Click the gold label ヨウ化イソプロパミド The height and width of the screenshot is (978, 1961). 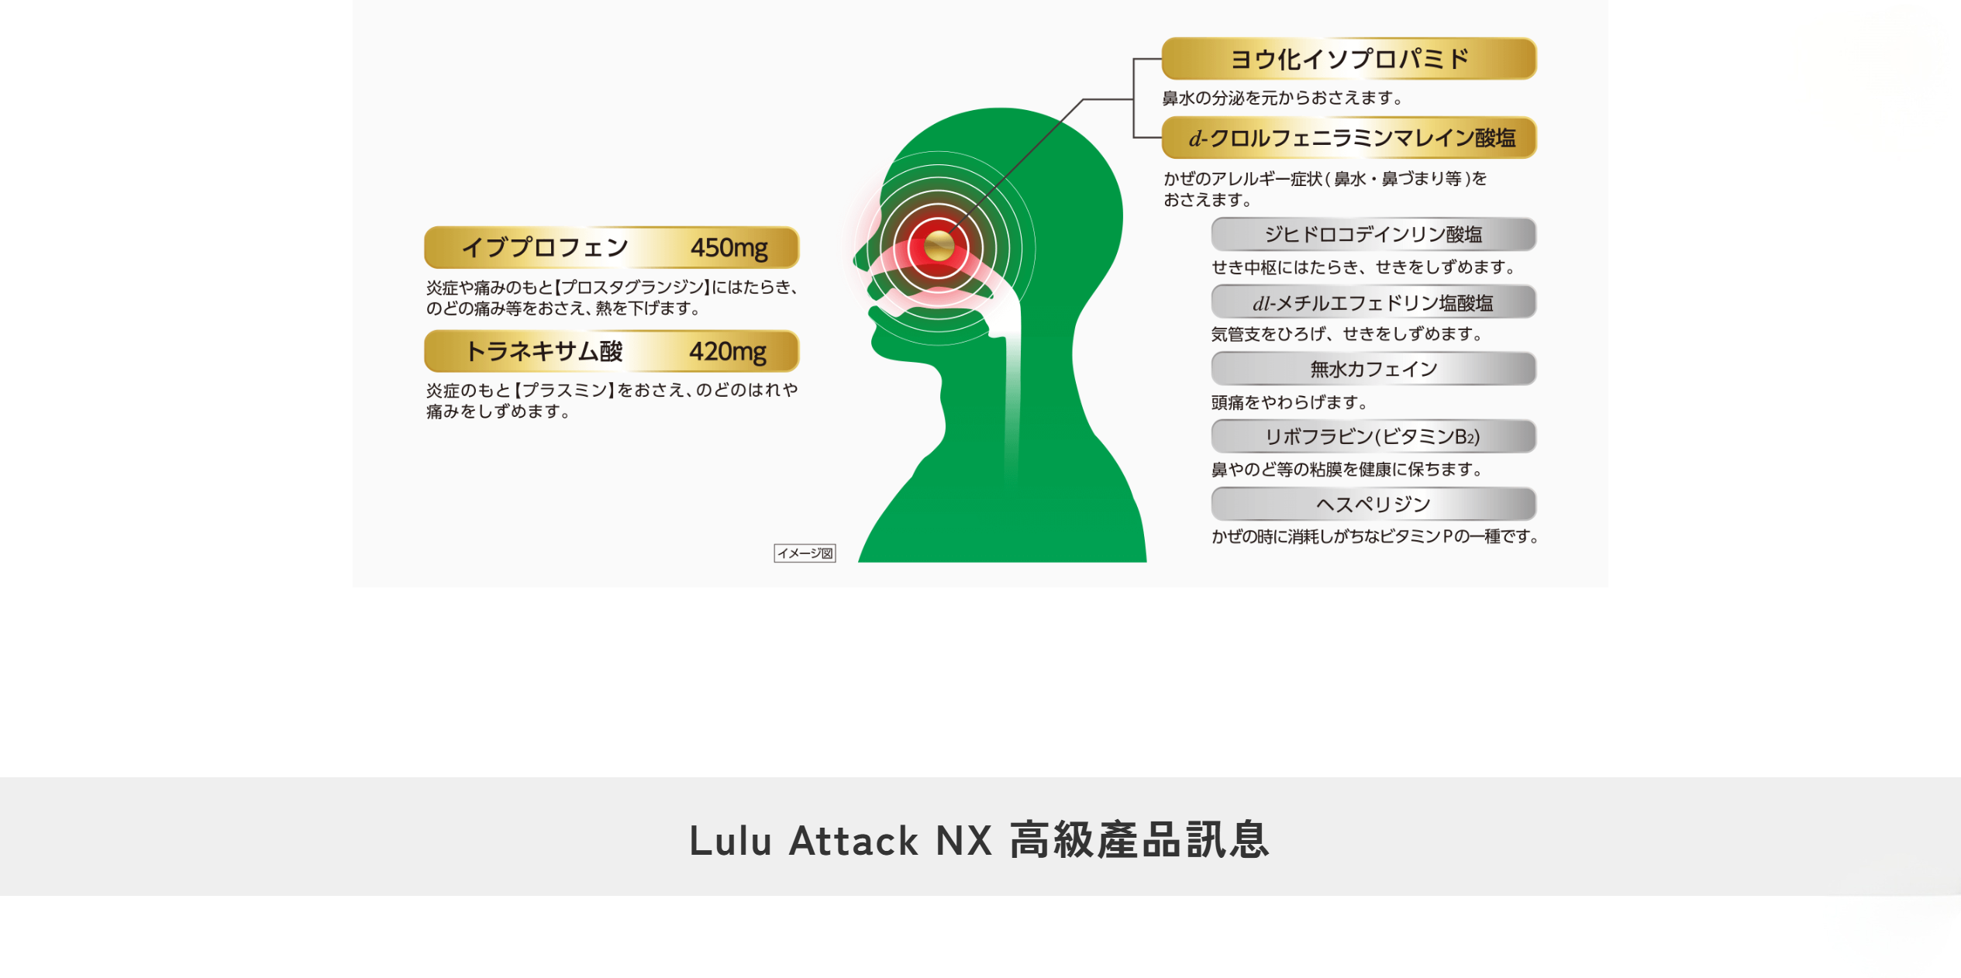(1349, 59)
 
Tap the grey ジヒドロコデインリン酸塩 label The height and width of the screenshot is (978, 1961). (1373, 234)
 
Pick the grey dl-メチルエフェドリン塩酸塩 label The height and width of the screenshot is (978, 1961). (1373, 302)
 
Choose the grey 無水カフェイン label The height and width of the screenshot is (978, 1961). (1373, 369)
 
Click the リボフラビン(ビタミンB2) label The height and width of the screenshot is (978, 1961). (1373, 436)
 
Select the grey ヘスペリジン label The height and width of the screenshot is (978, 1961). (1373, 504)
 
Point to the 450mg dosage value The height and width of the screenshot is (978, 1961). (729, 248)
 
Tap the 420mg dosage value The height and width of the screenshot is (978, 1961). (727, 352)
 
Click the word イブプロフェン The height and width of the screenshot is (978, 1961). (545, 248)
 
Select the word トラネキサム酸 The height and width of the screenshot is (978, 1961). (544, 352)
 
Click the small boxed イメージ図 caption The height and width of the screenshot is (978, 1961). (805, 553)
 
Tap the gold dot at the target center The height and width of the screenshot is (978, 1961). (939, 246)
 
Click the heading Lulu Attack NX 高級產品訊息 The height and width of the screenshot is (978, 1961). (980, 840)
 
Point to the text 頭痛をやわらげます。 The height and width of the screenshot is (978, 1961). (1289, 402)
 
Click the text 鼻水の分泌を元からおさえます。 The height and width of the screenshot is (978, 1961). (1283, 98)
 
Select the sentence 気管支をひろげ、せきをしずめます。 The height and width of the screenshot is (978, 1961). (1347, 334)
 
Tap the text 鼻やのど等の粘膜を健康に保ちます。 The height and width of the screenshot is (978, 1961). (1347, 470)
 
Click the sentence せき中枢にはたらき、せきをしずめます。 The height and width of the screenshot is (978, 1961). (1363, 267)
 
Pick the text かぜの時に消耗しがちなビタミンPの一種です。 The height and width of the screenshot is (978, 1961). (1375, 536)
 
